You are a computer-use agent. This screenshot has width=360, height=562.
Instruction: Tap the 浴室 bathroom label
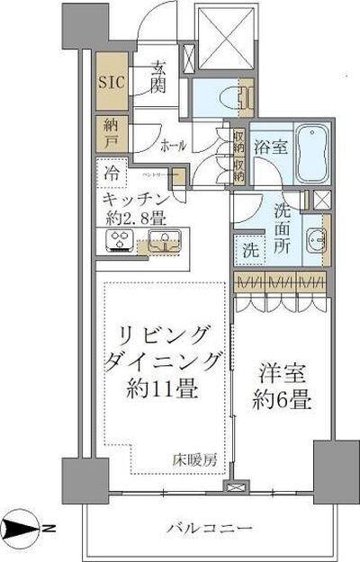coord(267,147)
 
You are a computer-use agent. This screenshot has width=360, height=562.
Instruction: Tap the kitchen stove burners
coord(121,239)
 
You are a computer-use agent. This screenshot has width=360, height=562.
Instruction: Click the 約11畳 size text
coord(162,389)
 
